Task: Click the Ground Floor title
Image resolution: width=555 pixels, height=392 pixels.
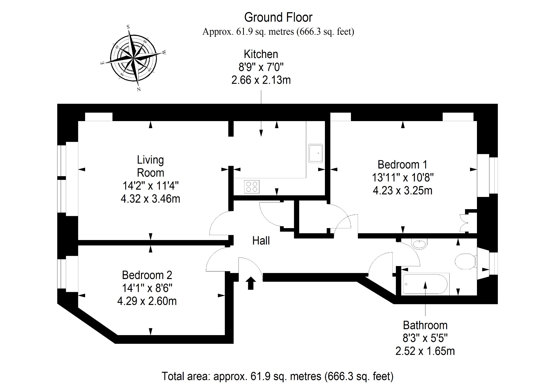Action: pyautogui.click(x=278, y=18)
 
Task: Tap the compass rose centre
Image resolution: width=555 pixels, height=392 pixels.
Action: pyautogui.click(x=134, y=58)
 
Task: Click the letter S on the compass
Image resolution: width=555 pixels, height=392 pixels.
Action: pyautogui.click(x=128, y=27)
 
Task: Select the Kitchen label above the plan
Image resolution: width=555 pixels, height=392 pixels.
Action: pyautogui.click(x=261, y=54)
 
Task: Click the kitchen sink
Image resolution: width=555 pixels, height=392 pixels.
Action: pyautogui.click(x=316, y=153)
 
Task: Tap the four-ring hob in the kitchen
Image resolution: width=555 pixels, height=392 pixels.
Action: pyautogui.click(x=251, y=187)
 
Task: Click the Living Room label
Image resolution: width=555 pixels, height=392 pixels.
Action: pyautogui.click(x=150, y=166)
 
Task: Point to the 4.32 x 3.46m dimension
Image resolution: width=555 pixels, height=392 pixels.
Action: pyautogui.click(x=150, y=199)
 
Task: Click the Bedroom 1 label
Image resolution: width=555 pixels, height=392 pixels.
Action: pyautogui.click(x=402, y=164)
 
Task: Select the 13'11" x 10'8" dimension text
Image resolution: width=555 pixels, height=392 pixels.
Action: pyautogui.click(x=403, y=178)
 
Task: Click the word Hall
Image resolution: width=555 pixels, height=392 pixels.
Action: pyautogui.click(x=261, y=241)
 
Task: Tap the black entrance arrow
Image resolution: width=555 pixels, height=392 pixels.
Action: pyautogui.click(x=250, y=283)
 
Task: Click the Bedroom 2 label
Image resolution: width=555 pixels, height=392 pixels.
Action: pyautogui.click(x=147, y=275)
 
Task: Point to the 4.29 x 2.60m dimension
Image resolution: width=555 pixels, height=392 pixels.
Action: pyautogui.click(x=147, y=301)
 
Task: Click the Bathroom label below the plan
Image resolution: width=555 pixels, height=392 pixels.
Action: pyautogui.click(x=425, y=325)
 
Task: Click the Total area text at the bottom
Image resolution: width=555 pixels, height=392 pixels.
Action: pyautogui.click(x=277, y=376)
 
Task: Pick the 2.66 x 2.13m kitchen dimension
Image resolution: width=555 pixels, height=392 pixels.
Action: pyautogui.click(x=261, y=80)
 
